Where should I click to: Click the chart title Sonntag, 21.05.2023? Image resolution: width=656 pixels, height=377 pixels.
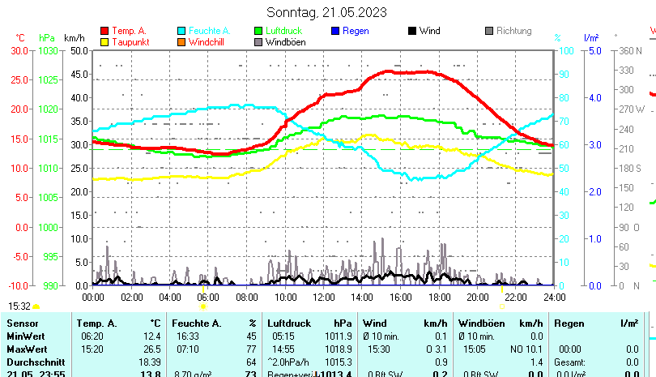(326, 12)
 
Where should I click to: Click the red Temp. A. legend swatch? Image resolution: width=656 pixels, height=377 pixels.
(104, 31)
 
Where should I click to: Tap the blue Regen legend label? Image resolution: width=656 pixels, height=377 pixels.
(356, 31)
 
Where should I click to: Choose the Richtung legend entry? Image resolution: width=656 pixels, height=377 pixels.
(513, 31)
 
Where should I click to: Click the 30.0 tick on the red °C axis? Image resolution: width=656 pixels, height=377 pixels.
(19, 50)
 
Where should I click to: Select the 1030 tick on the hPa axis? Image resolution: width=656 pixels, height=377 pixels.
(49, 50)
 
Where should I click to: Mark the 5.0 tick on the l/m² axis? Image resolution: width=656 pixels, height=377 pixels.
(594, 50)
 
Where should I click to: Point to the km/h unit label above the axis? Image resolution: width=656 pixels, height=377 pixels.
(74, 37)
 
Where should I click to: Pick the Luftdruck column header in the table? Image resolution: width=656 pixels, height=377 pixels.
(288, 323)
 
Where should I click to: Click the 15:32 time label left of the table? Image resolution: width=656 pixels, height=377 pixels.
(19, 306)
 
